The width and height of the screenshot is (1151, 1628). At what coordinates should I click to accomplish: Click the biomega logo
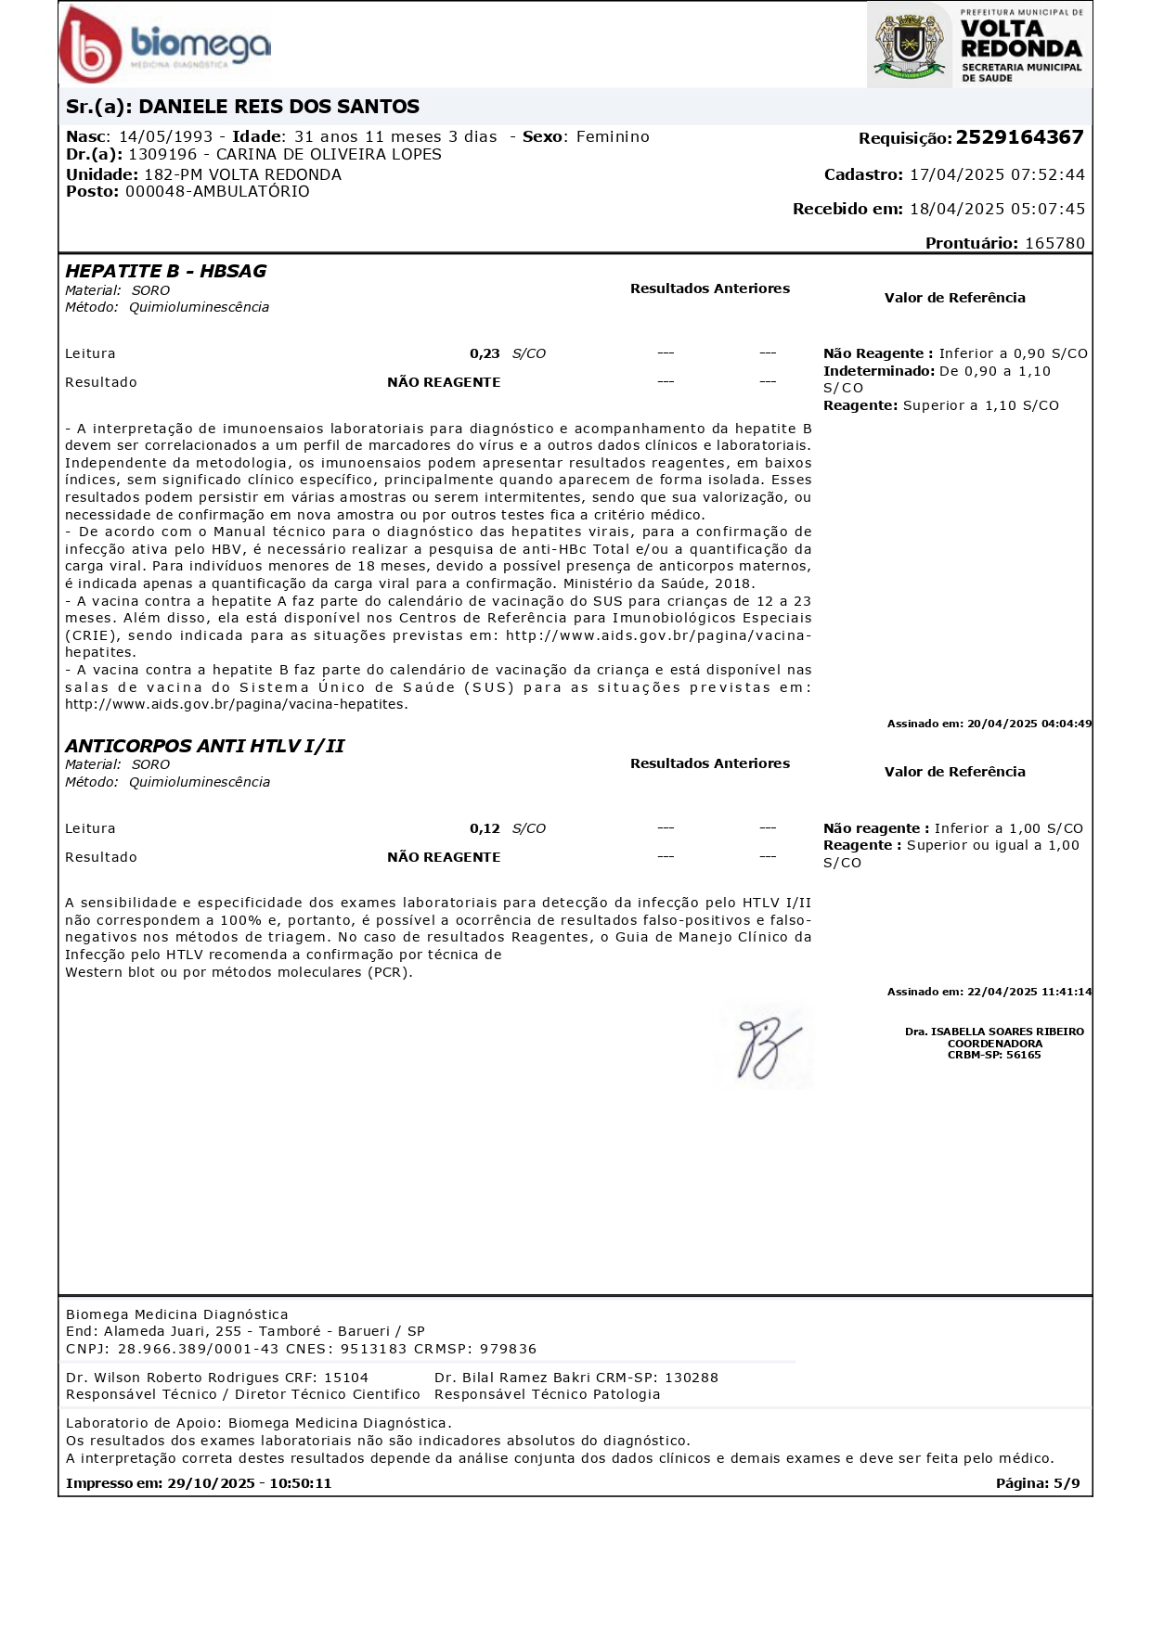[x=165, y=45]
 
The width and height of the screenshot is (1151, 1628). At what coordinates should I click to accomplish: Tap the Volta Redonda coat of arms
[x=909, y=45]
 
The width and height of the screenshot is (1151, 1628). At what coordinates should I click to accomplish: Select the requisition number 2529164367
[x=1019, y=137]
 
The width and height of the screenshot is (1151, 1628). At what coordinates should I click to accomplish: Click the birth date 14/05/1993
[x=165, y=136]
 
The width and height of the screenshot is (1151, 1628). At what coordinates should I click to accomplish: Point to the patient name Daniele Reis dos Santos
[x=278, y=107]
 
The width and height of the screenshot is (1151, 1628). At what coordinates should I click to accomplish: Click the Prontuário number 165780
[x=1054, y=243]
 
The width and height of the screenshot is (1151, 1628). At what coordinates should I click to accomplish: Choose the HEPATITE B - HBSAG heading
[x=165, y=271]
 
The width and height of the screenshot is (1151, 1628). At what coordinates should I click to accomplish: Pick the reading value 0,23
[x=485, y=353]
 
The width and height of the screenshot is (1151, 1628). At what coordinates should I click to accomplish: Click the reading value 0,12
[x=485, y=828]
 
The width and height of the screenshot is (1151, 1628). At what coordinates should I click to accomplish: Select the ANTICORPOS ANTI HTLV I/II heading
[x=204, y=746]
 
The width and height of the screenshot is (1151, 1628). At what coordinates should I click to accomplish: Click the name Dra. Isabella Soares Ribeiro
[x=994, y=1032]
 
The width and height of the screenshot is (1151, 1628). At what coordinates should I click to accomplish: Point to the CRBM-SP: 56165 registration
[x=994, y=1055]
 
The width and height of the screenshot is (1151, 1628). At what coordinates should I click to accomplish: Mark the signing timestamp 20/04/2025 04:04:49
[x=1028, y=724]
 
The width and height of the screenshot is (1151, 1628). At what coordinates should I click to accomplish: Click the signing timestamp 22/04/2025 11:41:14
[x=1028, y=992]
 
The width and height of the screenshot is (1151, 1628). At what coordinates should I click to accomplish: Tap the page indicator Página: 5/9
[x=1037, y=1483]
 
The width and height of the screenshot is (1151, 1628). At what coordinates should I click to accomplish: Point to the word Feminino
[x=613, y=136]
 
